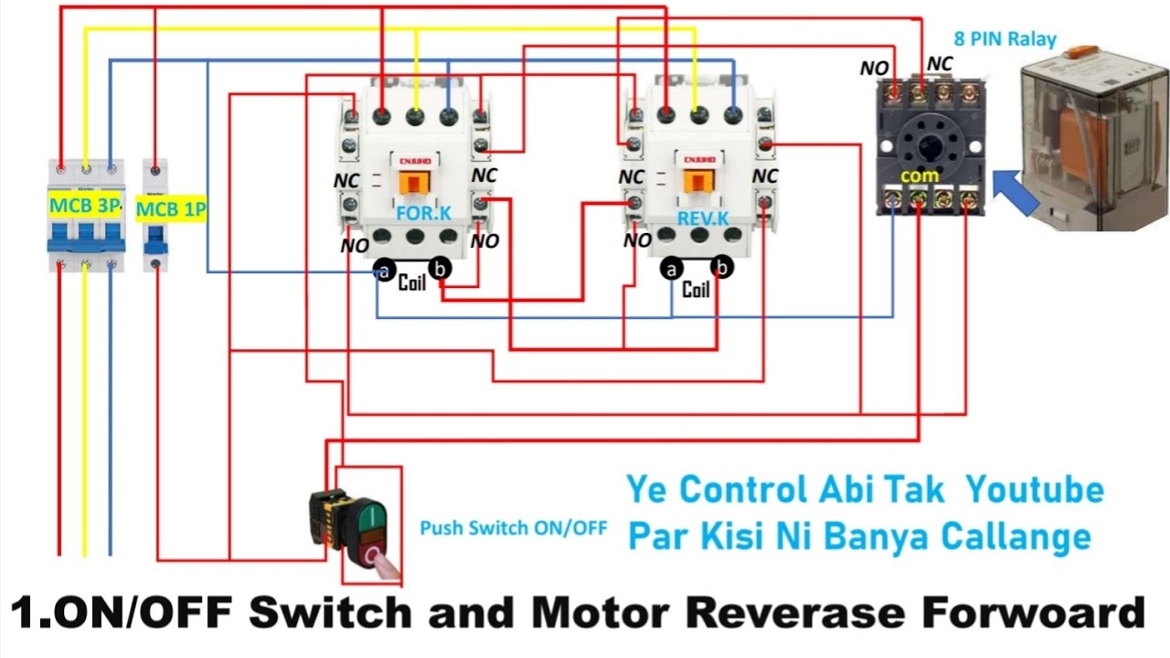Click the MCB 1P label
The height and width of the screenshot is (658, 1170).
[x=171, y=210]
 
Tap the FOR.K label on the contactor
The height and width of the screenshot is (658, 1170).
[x=422, y=214]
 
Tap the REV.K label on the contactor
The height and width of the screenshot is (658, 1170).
[x=703, y=218]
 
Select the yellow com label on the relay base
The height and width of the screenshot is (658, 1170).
[x=920, y=175]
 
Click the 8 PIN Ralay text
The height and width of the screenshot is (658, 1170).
[x=1005, y=39]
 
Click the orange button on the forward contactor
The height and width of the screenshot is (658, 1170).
[x=413, y=180]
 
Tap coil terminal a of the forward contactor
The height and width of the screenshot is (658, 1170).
[x=384, y=271]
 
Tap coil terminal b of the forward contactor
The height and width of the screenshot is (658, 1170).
[x=441, y=269]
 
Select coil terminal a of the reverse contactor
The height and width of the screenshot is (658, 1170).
[x=673, y=269]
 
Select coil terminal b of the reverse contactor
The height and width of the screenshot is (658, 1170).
[x=722, y=268]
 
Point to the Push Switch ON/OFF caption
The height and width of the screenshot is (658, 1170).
[x=513, y=527]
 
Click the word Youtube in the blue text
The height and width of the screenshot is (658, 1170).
[x=1035, y=490]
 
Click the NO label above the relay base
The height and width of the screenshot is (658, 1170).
[x=874, y=69]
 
